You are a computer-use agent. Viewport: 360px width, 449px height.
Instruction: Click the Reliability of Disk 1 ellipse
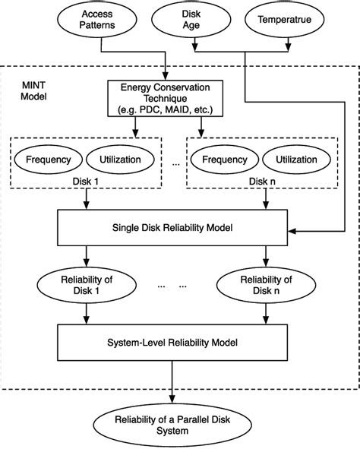(87, 285)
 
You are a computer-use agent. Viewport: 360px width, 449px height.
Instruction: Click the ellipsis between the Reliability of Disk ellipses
(172, 286)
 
